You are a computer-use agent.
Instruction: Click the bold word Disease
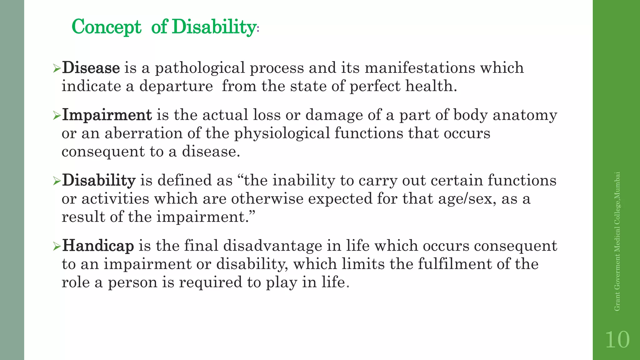point(91,68)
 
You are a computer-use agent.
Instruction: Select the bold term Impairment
point(107,115)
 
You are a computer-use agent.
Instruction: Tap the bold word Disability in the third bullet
point(99,180)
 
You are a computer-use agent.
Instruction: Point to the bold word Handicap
point(98,246)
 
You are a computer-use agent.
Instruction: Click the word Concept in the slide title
point(107,27)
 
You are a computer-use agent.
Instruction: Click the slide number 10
point(617,340)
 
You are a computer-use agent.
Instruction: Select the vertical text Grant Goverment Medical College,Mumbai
point(617,241)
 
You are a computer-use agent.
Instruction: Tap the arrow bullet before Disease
point(57,68)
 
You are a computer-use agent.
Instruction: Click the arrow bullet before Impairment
point(57,116)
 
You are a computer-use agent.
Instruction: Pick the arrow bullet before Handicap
point(57,247)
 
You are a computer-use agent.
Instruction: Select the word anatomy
point(525,115)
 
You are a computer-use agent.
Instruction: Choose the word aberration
point(143,133)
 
